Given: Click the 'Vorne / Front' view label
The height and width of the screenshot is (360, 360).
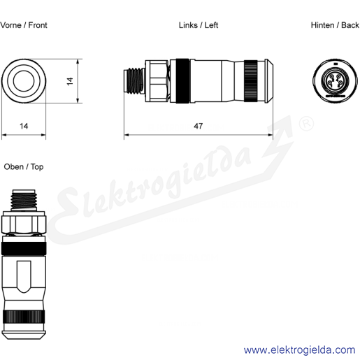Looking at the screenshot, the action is click(x=24, y=25).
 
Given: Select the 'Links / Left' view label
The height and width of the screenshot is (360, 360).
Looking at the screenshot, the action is click(x=199, y=25).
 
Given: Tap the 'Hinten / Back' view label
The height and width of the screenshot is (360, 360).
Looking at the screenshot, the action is click(x=335, y=25).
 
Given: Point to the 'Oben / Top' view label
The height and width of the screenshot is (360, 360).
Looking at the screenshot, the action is click(x=24, y=167).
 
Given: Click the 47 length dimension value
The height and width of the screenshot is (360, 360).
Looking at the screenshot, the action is click(x=198, y=126).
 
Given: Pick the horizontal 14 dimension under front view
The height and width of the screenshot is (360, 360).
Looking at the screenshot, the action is click(x=24, y=126).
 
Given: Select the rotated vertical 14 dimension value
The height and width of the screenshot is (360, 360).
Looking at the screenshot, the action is click(x=70, y=81).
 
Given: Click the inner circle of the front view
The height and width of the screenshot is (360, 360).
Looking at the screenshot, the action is click(x=24, y=81).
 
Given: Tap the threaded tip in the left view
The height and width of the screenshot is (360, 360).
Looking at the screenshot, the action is click(x=134, y=81).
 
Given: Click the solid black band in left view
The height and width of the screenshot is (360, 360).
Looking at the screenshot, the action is click(x=182, y=81).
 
